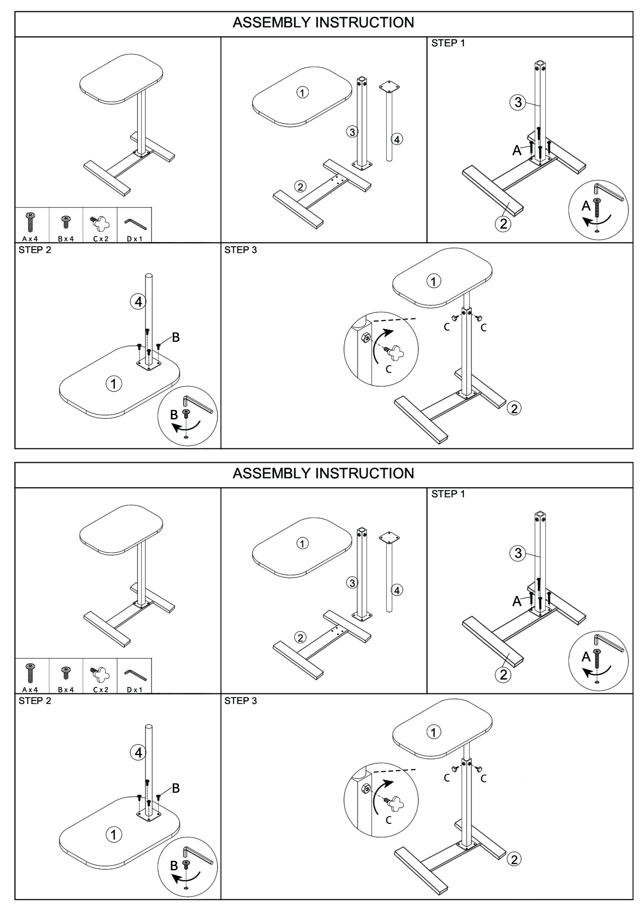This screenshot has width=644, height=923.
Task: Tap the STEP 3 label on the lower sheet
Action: [241, 701]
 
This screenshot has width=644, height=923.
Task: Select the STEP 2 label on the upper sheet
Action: [35, 250]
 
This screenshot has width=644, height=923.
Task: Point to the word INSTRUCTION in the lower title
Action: [365, 474]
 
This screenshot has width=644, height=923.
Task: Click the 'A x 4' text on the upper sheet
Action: [30, 239]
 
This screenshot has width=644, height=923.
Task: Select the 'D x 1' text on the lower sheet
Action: [135, 690]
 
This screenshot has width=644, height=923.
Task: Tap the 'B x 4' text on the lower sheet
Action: [66, 690]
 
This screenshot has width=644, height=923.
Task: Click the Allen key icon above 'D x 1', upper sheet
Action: [135, 224]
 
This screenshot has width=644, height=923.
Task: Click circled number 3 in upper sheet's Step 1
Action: [518, 102]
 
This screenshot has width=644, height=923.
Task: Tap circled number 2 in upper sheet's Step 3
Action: [514, 409]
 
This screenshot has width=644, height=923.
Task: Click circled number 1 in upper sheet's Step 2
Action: [114, 383]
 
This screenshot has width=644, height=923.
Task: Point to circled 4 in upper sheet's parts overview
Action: [397, 139]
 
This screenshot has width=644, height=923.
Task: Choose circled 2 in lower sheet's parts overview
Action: [300, 638]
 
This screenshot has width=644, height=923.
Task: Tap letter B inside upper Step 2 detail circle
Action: [174, 415]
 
